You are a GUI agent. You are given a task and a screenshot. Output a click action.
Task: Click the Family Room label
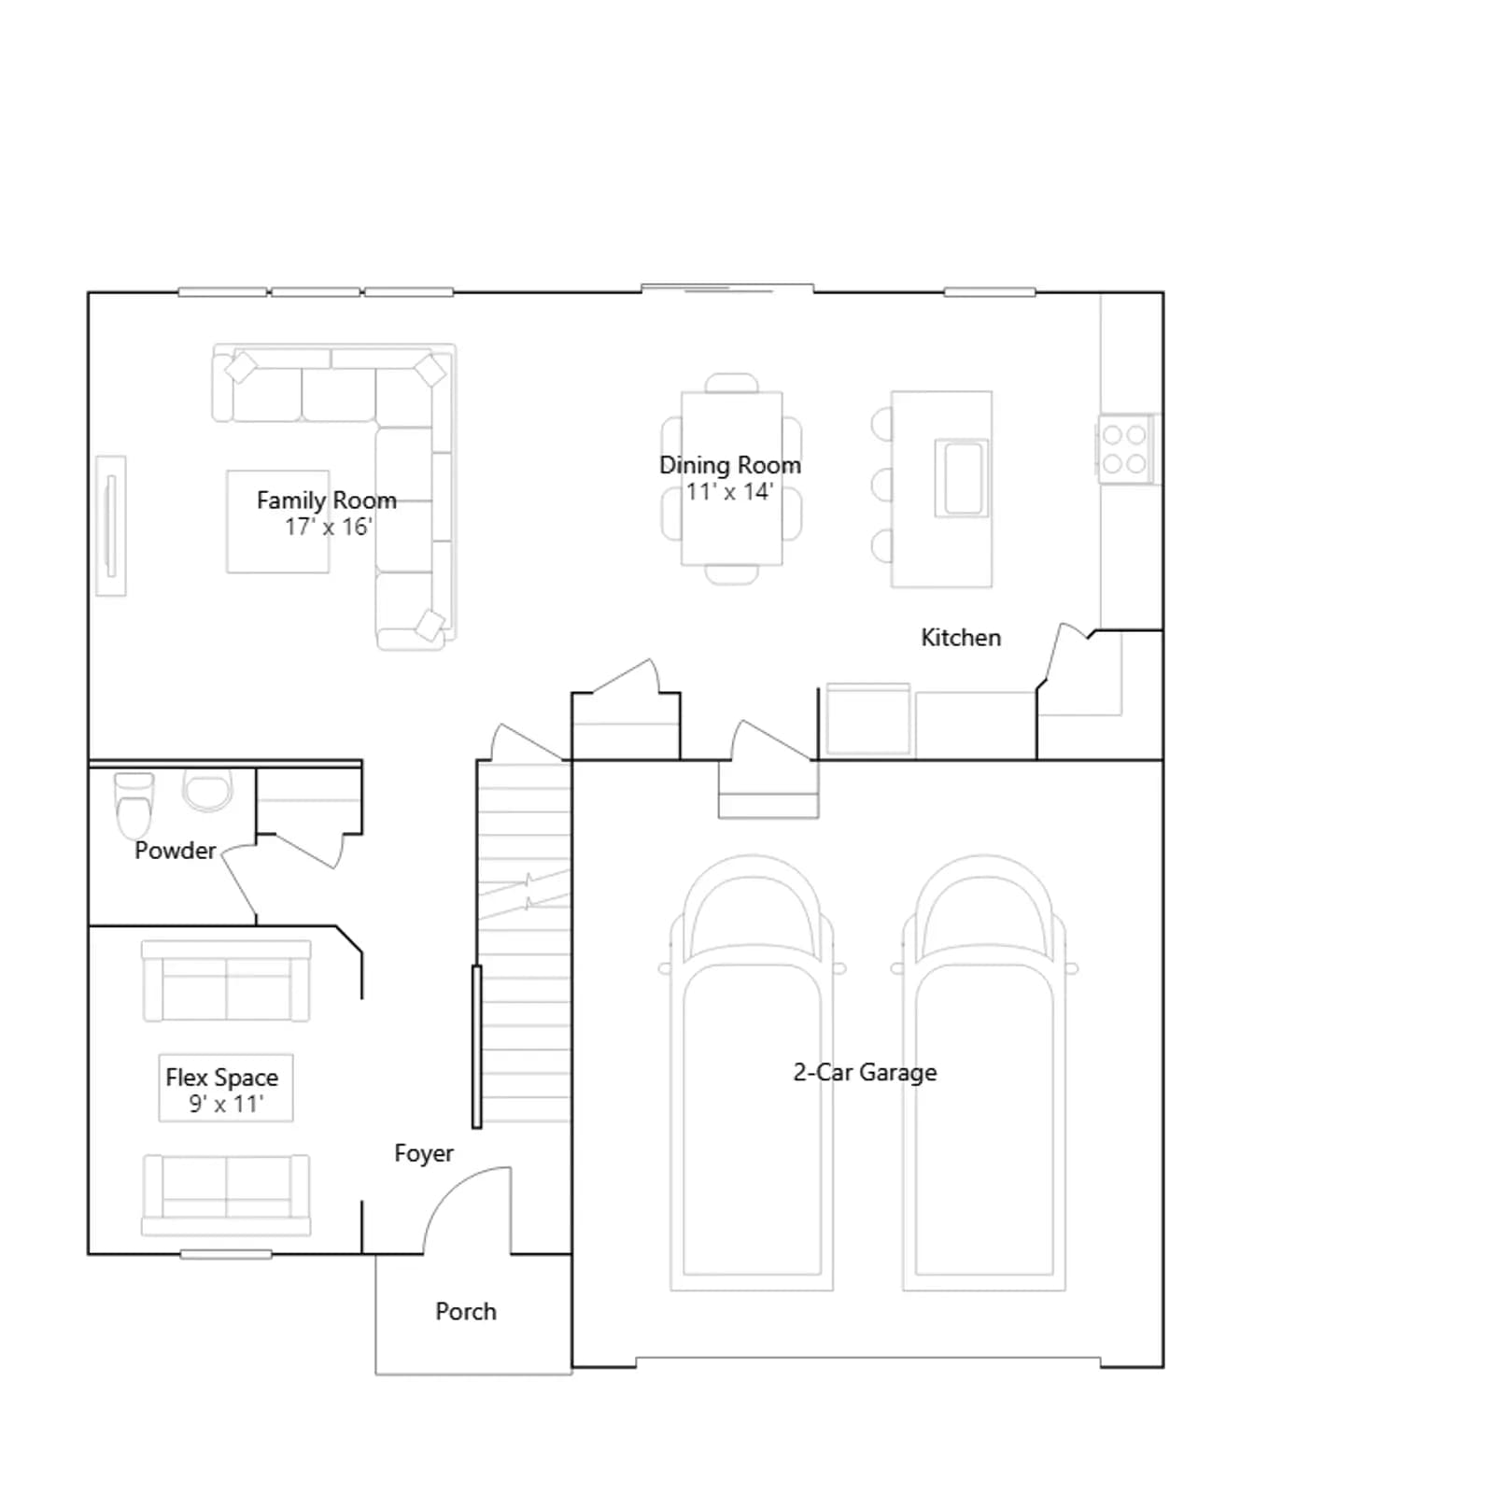(x=327, y=500)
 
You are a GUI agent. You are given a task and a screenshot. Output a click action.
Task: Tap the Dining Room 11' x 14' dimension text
(x=729, y=492)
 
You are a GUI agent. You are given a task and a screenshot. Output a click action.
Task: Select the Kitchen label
(x=961, y=638)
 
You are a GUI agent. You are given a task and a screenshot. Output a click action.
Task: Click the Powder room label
(x=175, y=851)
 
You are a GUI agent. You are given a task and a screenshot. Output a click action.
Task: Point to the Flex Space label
(x=222, y=1078)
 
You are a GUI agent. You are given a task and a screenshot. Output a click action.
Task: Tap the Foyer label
(x=424, y=1154)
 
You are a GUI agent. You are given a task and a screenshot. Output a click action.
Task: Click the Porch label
(x=466, y=1312)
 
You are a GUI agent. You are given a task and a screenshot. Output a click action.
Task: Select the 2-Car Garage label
(x=866, y=1072)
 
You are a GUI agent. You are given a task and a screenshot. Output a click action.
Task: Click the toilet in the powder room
(x=134, y=805)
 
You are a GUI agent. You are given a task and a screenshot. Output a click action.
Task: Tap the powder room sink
(x=207, y=791)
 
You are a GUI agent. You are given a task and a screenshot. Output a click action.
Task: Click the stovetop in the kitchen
(x=1124, y=449)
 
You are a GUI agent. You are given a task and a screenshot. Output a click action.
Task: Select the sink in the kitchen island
(x=962, y=478)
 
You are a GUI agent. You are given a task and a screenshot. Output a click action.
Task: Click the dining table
(x=732, y=479)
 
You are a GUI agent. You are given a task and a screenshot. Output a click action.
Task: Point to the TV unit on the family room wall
(x=111, y=526)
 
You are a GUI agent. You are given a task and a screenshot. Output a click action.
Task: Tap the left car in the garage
(x=752, y=1074)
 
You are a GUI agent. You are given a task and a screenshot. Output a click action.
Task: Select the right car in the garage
(x=984, y=1074)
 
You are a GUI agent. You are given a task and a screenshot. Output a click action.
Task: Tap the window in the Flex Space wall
(x=226, y=1254)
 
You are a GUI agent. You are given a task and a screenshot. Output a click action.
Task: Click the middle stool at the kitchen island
(x=881, y=486)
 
